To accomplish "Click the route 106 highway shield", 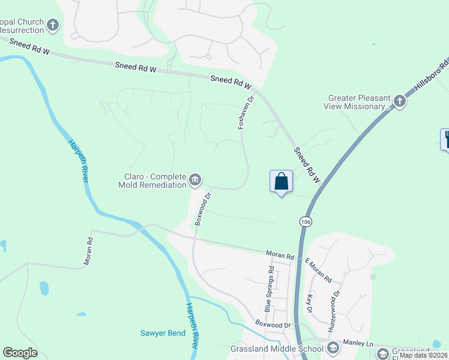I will click(x=306, y=222).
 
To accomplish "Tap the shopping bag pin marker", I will click(x=282, y=181).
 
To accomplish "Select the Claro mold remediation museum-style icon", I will click(x=195, y=179).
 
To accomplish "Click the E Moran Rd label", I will click(x=318, y=271).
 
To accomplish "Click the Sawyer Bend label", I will click(x=163, y=333).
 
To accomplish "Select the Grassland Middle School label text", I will click(x=286, y=349).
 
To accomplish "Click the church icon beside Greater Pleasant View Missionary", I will click(x=400, y=101).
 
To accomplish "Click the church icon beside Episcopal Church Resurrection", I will click(x=53, y=25).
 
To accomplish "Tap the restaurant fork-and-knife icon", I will click(x=445, y=139).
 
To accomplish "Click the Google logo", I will click(x=20, y=353).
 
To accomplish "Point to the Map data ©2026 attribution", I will click(x=423, y=355).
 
